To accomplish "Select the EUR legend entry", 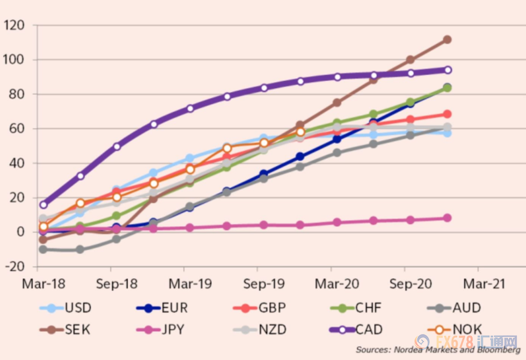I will click(x=163, y=308).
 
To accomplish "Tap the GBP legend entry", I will click(x=259, y=308).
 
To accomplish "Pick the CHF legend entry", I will click(x=356, y=308).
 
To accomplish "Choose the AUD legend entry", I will click(x=454, y=308).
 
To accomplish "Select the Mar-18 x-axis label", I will click(x=43, y=284).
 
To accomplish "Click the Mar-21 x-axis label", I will click(x=484, y=284).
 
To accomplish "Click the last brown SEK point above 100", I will click(x=447, y=39).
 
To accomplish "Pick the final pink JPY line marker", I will click(x=447, y=218).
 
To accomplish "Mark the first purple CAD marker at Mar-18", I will click(x=43, y=204).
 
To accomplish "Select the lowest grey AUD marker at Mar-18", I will click(x=43, y=249).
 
